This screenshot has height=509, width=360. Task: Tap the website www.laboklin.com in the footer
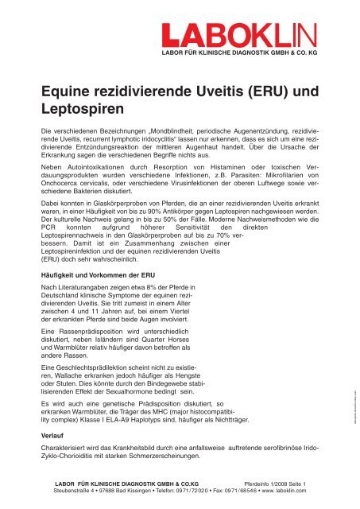pos(290,492)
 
